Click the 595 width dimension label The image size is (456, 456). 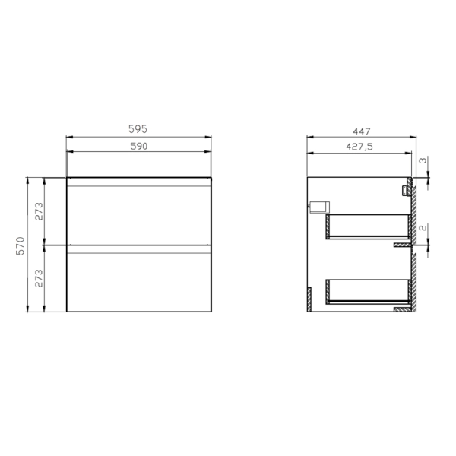pos(138,129)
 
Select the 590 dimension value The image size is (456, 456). pos(139,146)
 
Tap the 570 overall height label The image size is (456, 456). pos(21,245)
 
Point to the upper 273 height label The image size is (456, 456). pos(39,211)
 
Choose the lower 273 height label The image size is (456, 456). pos(39,278)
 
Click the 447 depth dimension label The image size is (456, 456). pos(362,131)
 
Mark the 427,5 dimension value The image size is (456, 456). pos(359,147)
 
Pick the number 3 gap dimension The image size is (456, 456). pos(423,160)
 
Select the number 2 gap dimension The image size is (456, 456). pos(423,227)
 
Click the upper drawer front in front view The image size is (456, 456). pos(139,216)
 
